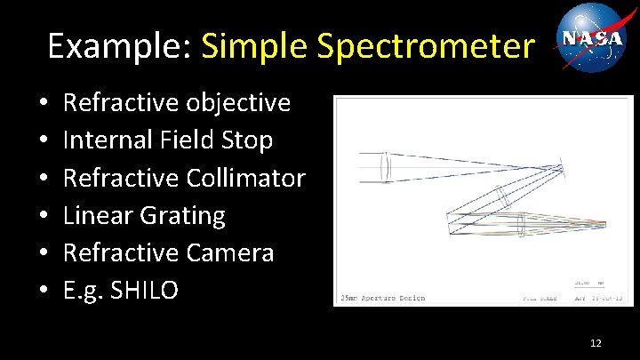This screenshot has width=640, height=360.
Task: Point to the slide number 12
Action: (x=596, y=342)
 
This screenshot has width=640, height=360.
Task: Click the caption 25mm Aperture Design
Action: (x=381, y=298)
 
